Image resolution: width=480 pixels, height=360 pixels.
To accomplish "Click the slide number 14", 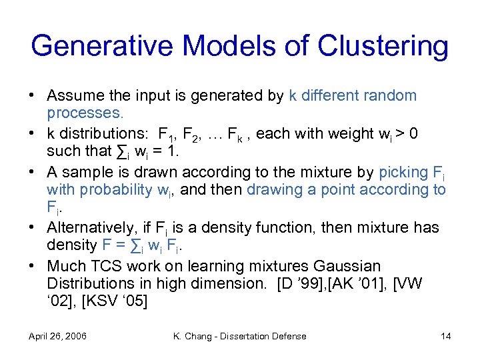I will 446,336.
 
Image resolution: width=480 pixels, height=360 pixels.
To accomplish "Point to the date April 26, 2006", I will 58,336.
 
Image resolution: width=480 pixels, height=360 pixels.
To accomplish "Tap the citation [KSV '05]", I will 115,301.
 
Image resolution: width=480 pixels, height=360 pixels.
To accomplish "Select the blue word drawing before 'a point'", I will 272,190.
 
